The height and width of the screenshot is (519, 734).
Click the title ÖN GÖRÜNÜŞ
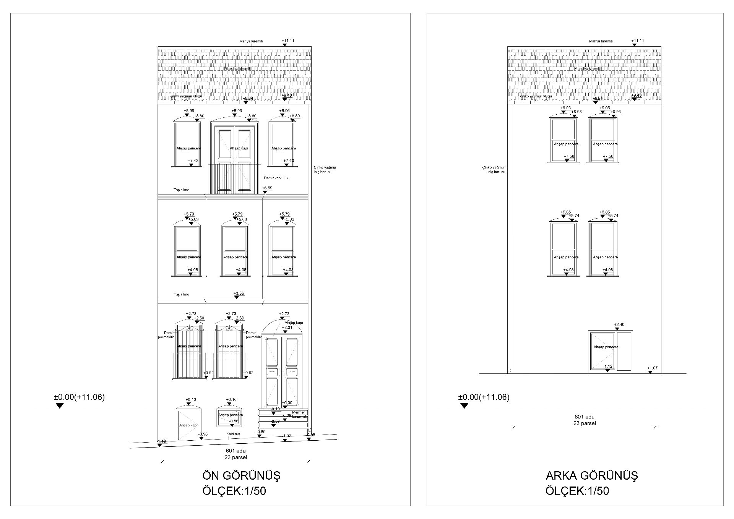click(241, 475)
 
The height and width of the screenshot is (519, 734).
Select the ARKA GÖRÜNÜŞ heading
click(591, 475)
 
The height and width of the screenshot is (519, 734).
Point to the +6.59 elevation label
click(267, 188)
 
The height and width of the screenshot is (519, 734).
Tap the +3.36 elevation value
click(239, 294)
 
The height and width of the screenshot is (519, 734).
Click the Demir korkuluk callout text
click(276, 178)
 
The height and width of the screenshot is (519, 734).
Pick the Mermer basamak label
click(299, 414)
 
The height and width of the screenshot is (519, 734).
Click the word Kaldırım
click(232, 434)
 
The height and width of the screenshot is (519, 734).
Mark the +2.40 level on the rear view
click(619, 325)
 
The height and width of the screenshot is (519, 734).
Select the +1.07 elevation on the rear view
click(652, 368)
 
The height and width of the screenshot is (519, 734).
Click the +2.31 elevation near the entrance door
click(287, 328)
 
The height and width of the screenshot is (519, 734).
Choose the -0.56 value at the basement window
click(234, 421)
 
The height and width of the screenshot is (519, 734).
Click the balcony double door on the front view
click(234, 159)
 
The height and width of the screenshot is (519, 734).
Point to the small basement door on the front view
click(188, 424)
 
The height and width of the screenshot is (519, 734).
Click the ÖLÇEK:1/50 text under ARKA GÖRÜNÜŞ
click(577, 491)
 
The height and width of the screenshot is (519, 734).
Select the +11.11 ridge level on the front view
click(288, 41)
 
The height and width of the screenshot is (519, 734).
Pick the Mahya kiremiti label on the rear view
click(601, 41)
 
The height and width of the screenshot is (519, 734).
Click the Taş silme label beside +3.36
click(182, 295)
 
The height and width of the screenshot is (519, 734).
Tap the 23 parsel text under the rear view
click(585, 423)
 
